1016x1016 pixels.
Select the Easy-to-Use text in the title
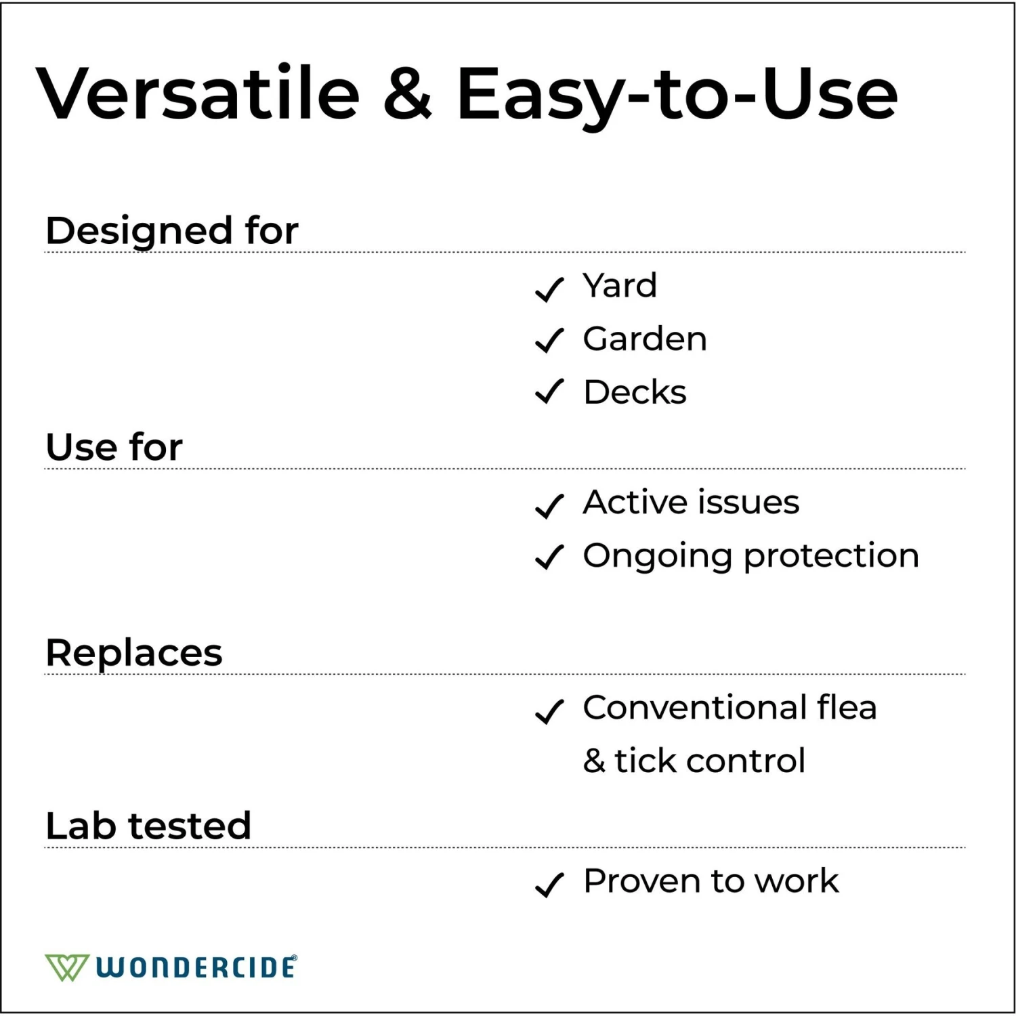pos(677,95)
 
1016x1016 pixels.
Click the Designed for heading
pos(171,230)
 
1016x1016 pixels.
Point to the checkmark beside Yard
pos(549,289)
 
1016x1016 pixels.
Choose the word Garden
pos(645,339)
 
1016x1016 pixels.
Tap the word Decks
pos(635,392)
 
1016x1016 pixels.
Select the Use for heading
pos(114,447)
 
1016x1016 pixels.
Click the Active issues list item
pos(691,502)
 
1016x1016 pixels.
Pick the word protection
pos(831,556)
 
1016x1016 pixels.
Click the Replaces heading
pos(133,652)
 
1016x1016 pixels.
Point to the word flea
pos(847,707)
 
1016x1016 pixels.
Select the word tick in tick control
pos(645,761)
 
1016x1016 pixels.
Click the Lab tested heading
pos(148,826)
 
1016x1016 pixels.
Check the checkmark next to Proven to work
pos(549,884)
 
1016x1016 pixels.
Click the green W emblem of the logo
pos(66,967)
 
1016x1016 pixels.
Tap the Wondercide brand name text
pos(196,967)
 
